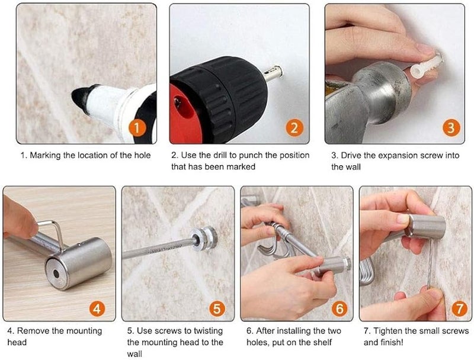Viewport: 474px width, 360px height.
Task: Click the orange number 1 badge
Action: [x=137, y=128]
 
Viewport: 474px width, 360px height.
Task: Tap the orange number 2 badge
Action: [x=294, y=127]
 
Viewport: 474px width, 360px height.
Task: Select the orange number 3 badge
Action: [x=451, y=127]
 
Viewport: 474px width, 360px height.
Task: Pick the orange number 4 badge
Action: [x=97, y=308]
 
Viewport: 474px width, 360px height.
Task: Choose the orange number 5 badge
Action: [x=217, y=308]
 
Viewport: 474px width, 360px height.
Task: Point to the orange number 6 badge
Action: [x=340, y=308]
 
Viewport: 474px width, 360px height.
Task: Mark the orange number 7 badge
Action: [x=459, y=308]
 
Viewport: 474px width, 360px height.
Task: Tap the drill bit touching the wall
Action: [x=274, y=73]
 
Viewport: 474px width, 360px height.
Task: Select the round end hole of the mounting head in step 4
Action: [x=56, y=274]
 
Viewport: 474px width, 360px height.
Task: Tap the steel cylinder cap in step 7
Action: [x=426, y=226]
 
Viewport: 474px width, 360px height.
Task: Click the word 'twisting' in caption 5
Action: [x=208, y=332]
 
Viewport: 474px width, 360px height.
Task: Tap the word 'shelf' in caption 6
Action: [x=322, y=342]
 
